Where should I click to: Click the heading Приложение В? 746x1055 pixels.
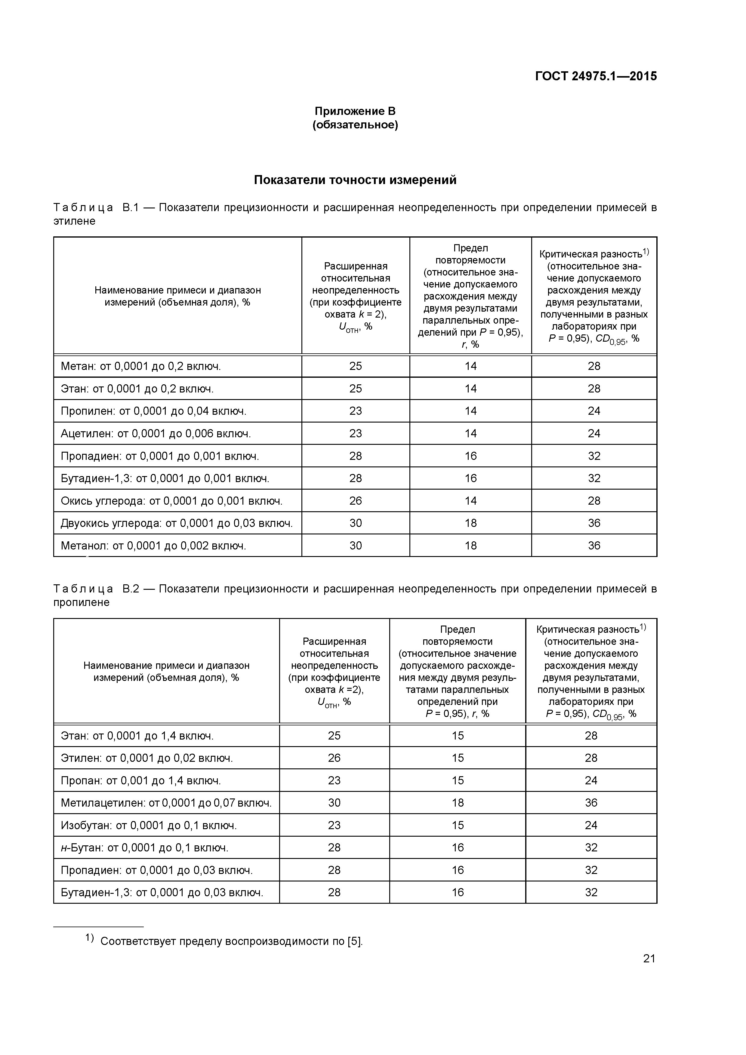point(355,111)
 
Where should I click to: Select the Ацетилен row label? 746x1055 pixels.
point(155,433)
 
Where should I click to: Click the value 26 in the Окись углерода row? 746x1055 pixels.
point(355,500)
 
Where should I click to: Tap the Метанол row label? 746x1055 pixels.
point(153,546)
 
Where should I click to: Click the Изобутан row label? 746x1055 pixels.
point(149,825)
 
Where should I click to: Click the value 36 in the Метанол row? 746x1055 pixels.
point(594,546)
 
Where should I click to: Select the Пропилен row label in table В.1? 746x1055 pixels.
point(153,411)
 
